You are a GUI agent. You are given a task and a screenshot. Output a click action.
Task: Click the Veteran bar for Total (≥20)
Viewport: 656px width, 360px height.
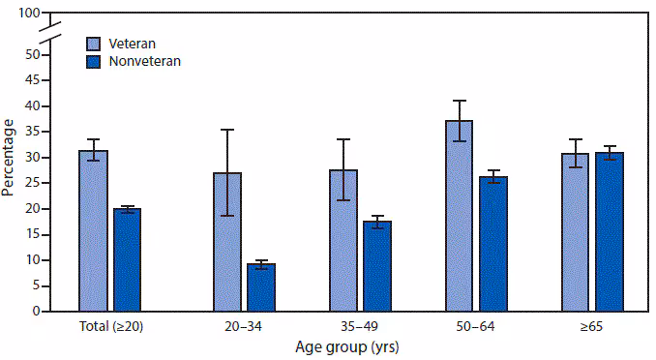(94, 231)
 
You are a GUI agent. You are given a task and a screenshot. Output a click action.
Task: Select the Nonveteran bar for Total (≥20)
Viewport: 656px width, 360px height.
(127, 259)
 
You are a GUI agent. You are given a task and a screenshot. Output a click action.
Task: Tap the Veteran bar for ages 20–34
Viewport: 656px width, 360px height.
(227, 242)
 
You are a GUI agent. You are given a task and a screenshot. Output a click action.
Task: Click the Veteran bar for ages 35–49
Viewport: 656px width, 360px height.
(343, 241)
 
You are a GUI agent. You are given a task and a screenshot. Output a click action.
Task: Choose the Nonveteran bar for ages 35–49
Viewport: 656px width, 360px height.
(376, 266)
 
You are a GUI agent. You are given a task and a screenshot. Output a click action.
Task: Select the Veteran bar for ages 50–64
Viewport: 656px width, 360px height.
(460, 216)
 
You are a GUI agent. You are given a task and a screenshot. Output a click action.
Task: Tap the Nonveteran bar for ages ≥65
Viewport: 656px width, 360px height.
(610, 232)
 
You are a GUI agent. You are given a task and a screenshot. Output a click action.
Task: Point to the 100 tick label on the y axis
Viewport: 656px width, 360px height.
(28, 14)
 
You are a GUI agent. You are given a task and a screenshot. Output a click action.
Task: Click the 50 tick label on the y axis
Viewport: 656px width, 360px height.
(32, 54)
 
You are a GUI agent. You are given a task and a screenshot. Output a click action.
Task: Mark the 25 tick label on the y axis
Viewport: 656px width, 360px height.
(32, 183)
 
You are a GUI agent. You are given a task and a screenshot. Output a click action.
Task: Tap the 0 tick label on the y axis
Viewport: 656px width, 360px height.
(35, 312)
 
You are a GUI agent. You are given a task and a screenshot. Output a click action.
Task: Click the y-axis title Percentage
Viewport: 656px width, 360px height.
(9, 157)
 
